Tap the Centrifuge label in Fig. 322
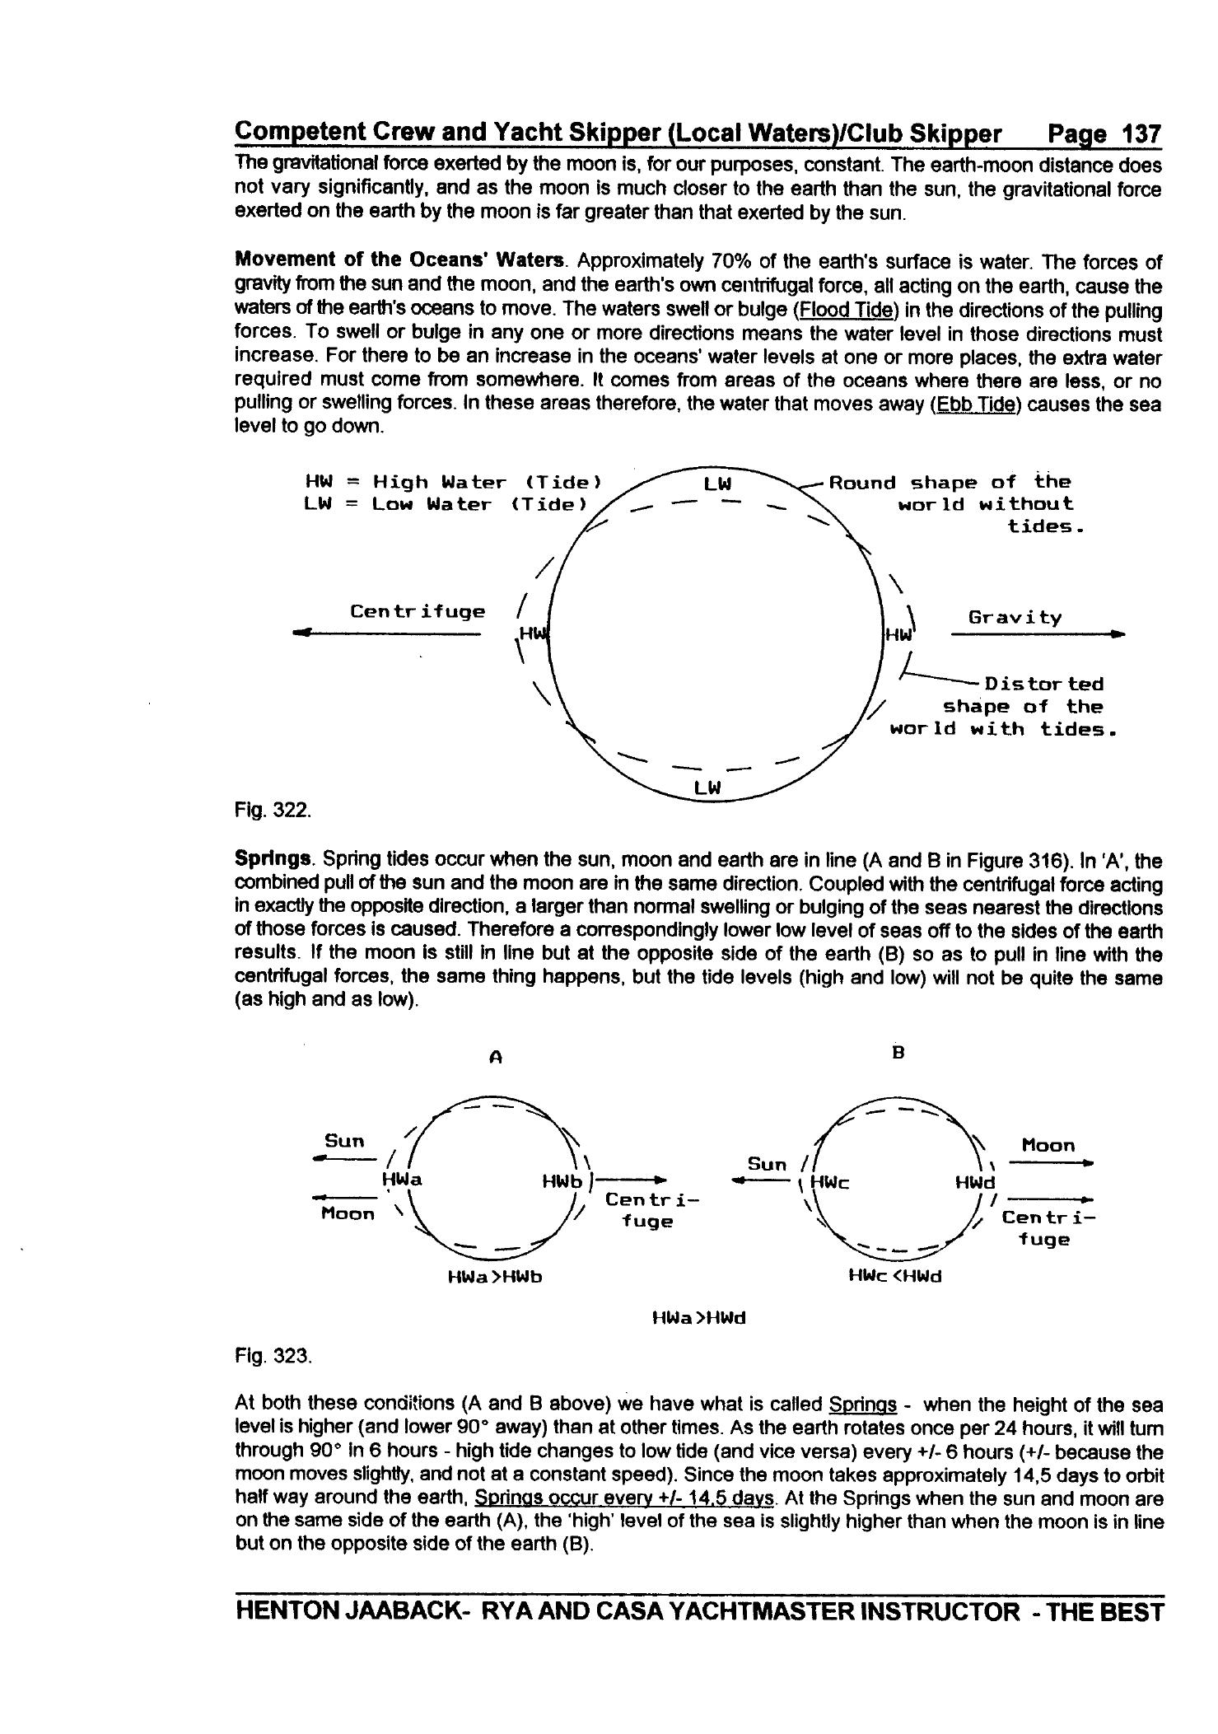coord(418,611)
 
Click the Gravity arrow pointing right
coord(1037,634)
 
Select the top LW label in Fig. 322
coord(717,484)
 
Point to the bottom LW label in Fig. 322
coord(707,788)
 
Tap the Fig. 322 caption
coord(273,810)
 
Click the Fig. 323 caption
coord(273,1356)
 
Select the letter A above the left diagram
coord(495,1058)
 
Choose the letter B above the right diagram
coord(898,1053)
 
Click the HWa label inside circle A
coord(403,1180)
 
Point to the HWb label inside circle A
coord(562,1182)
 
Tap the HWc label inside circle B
coord(830,1183)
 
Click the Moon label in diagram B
coord(1048,1145)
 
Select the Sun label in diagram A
coord(344,1141)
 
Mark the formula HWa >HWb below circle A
coord(494,1277)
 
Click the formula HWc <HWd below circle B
coord(894,1276)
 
